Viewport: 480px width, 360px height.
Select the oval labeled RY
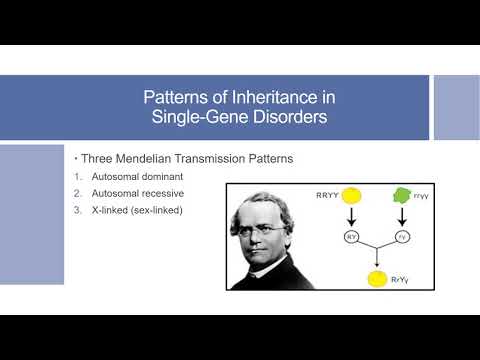click(352, 237)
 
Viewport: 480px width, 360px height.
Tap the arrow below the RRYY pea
click(352, 220)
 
